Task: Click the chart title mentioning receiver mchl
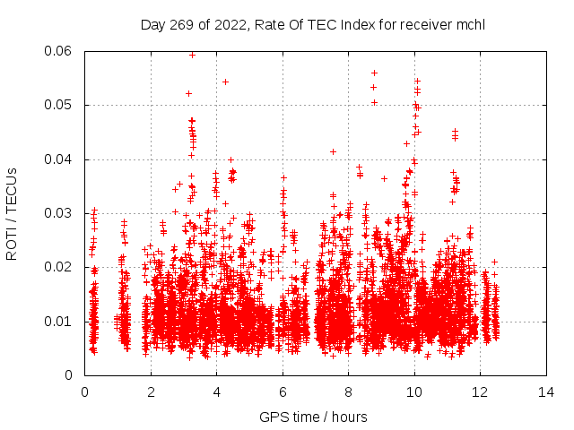pos(313,24)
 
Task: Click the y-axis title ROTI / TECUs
pos(12,213)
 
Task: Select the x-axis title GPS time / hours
pos(313,417)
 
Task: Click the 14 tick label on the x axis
pos(545,391)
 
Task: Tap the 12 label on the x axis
pos(480,391)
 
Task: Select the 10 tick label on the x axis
pos(413,391)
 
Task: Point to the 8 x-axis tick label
pos(348,391)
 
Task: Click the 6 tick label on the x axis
pos(283,391)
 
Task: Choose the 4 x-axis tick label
pos(216,391)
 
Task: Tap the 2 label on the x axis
pos(151,391)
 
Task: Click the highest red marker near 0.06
pos(192,55)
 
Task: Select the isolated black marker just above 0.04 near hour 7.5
pos(333,151)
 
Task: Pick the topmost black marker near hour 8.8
pos(374,73)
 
